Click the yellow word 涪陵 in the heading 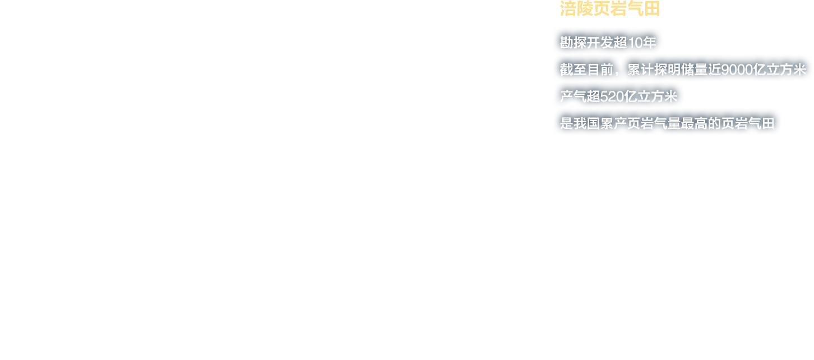coord(577,8)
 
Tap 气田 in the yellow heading coord(644,8)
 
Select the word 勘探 coord(573,43)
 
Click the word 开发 coord(600,43)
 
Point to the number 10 coord(635,43)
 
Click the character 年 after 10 coord(649,43)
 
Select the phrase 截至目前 coord(586,70)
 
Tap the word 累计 coord(641,70)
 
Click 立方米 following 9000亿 coord(786,70)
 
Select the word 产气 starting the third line coord(573,96)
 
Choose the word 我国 coord(586,123)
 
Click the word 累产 coord(613,123)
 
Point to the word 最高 coord(694,123)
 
